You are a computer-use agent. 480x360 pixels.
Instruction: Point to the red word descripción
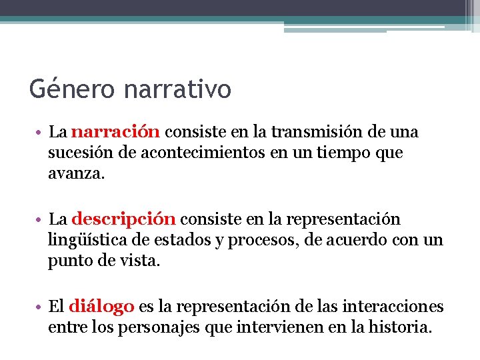click(x=124, y=219)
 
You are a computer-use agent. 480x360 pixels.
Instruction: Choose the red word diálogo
click(x=102, y=307)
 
